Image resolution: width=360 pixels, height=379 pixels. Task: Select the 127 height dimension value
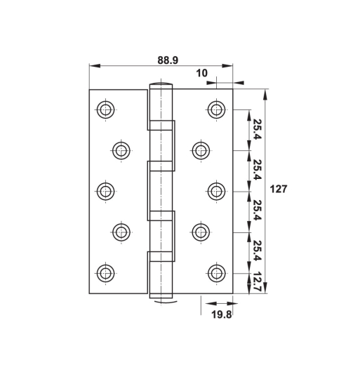pyautogui.click(x=279, y=189)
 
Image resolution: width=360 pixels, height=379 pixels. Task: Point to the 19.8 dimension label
pyautogui.click(x=221, y=314)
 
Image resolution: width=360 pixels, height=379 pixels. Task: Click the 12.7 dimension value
pyautogui.click(x=257, y=283)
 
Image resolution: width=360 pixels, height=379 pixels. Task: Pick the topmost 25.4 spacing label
pyautogui.click(x=257, y=129)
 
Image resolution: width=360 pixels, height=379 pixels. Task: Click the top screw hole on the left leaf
pyautogui.click(x=105, y=109)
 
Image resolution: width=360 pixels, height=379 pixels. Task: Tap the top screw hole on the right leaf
pyautogui.click(x=217, y=109)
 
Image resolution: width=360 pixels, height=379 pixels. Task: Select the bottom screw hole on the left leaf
pyautogui.click(x=105, y=273)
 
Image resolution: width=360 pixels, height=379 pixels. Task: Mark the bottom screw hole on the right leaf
pyautogui.click(x=217, y=273)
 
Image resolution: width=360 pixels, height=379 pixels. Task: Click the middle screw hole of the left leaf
pyautogui.click(x=105, y=191)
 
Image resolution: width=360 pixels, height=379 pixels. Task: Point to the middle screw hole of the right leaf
pyautogui.click(x=217, y=191)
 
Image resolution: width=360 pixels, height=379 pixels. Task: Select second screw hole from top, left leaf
pyautogui.click(x=121, y=149)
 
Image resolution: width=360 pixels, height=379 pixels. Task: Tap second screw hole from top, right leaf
pyautogui.click(x=201, y=149)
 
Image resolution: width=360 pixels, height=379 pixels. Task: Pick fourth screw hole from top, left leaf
pyautogui.click(x=121, y=232)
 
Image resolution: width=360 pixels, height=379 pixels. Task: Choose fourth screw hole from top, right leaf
pyautogui.click(x=201, y=232)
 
